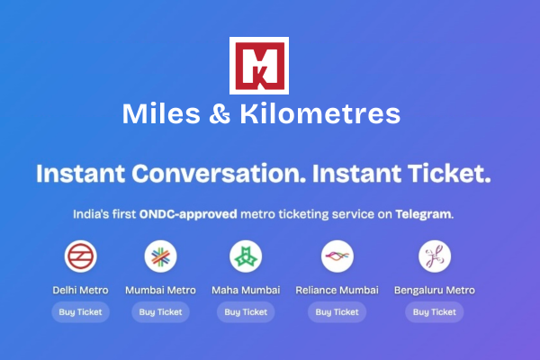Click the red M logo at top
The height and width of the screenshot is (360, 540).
coord(259,66)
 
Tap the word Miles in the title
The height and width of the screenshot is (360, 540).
coord(154,115)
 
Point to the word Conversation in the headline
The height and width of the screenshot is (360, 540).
coord(225,173)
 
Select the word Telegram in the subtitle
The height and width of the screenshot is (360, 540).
coord(423,215)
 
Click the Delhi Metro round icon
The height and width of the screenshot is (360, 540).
coord(81,257)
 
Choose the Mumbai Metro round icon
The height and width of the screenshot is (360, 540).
coord(161,257)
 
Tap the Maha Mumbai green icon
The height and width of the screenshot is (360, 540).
coord(246,257)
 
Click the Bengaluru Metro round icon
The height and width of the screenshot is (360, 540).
coord(435,257)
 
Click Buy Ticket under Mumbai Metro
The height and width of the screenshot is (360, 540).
coord(161,312)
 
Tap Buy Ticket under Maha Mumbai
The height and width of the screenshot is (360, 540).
coord(246,312)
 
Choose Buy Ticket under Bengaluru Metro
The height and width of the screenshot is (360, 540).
coord(435,312)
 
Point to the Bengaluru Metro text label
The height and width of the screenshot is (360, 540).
coord(435,290)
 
